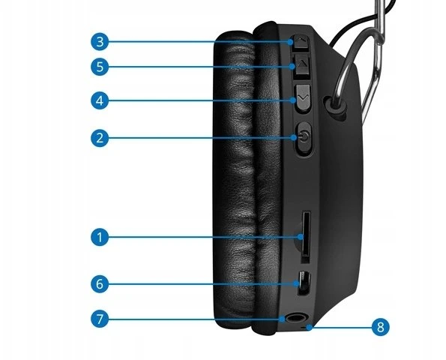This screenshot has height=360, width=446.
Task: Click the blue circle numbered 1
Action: pos(100,237)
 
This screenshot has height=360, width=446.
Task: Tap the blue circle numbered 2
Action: pos(100,138)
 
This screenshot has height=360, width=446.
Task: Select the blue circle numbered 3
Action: pos(100,42)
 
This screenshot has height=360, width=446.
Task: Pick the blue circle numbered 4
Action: pos(100,100)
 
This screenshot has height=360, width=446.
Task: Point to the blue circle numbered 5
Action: pos(100,67)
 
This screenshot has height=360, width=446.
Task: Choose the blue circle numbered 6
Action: pos(100,283)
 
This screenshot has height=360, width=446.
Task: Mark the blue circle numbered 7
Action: pos(100,319)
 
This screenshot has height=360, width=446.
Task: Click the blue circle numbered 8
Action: pos(381,327)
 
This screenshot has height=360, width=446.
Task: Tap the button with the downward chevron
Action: pos(302,97)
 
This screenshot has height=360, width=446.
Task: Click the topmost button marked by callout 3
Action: pos(300,43)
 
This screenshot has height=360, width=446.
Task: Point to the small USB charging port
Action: pos(304,283)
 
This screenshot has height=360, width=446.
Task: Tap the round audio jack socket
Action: pos(295,318)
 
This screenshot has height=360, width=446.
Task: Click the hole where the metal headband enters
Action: pos(335,105)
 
